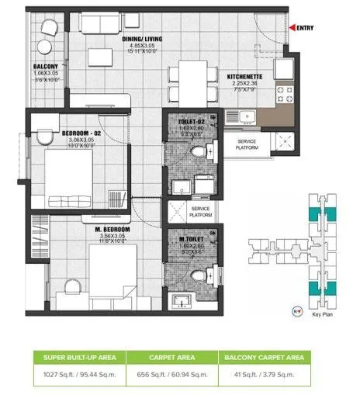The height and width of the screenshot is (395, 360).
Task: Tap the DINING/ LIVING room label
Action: (x=141, y=38)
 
